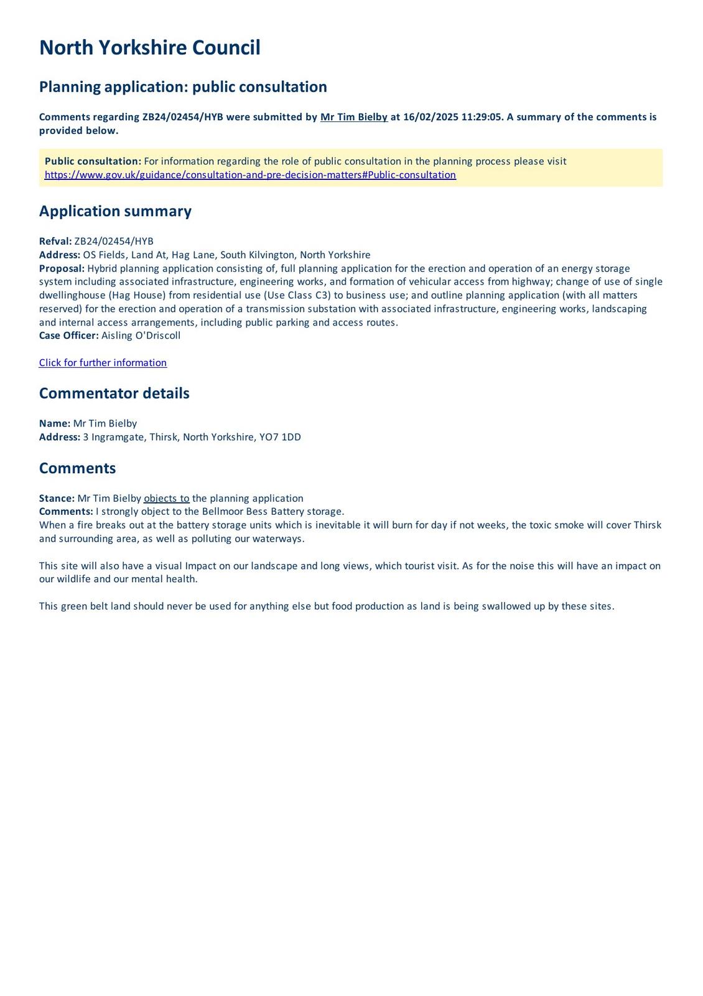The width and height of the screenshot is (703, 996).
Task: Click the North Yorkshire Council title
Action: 149,48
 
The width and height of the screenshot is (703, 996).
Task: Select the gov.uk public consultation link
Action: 250,175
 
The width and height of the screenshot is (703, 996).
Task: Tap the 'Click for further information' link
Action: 103,363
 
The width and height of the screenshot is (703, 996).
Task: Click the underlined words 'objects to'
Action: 166,499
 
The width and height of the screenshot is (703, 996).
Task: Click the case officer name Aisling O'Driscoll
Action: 141,336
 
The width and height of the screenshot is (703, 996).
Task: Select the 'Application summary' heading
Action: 115,211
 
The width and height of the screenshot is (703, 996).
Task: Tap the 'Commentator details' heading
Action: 114,393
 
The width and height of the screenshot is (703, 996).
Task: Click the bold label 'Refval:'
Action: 55,242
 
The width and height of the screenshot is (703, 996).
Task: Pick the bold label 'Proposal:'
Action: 62,268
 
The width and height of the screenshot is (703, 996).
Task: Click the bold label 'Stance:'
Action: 57,499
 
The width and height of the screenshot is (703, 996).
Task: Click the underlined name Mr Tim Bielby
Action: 353,117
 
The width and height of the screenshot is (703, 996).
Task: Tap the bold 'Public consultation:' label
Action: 93,161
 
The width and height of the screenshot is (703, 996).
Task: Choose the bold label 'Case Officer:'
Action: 68,336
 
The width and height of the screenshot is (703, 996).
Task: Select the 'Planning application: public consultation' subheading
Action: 183,87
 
